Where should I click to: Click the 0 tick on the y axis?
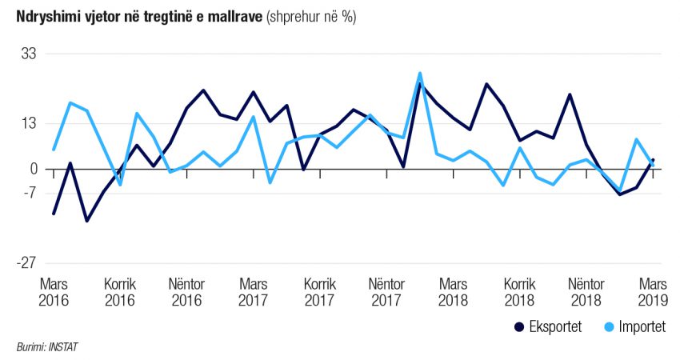[34, 169]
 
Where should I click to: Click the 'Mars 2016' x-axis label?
[54, 292]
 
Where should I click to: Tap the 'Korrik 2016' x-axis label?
[120, 292]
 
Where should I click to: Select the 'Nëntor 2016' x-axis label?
[186, 292]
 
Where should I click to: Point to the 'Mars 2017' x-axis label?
[254, 292]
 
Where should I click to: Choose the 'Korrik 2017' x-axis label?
[319, 292]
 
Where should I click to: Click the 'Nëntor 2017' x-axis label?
[386, 292]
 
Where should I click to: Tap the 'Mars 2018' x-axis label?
[453, 292]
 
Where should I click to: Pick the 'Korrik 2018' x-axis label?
[519, 292]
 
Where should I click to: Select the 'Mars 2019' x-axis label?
[653, 292]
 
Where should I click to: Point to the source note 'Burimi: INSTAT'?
[47, 347]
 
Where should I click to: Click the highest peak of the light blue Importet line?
[420, 74]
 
